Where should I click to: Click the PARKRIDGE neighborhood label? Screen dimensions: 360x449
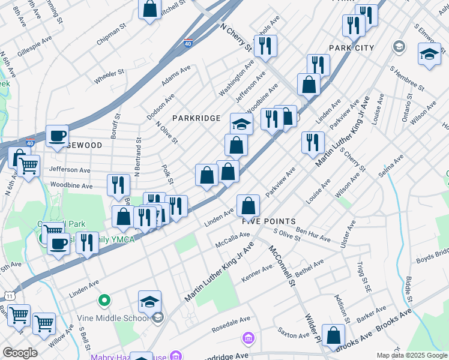point(197,118)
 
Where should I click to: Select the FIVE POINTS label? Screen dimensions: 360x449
point(269,221)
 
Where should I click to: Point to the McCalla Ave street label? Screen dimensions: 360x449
point(229,241)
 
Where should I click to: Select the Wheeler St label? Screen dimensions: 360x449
point(109,76)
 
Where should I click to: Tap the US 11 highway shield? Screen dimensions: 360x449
point(9,296)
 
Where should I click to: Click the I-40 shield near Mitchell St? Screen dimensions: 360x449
point(188,43)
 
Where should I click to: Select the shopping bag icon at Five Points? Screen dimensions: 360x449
point(248,206)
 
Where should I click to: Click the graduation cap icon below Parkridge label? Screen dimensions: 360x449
point(241,124)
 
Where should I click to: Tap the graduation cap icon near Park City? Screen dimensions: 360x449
point(429,55)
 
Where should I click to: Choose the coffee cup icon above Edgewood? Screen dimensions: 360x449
point(57,136)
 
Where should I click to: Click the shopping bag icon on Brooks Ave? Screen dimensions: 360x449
point(333,335)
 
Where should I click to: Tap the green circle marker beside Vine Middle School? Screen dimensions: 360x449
point(104,299)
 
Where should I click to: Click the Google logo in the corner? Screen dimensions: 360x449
point(20,353)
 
